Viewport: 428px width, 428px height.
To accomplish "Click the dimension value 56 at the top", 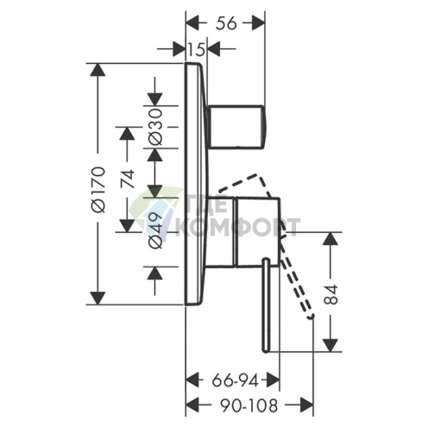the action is [x=226, y=23].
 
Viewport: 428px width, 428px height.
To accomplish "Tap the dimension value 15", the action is [x=197, y=49].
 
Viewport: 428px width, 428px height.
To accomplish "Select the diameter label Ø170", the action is [x=98, y=189].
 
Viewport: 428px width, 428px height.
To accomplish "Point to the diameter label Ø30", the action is [x=155, y=127].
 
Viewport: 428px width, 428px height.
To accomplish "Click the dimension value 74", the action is [x=128, y=179].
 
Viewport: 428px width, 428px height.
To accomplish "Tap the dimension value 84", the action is [x=330, y=294].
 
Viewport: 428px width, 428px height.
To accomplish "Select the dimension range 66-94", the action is [x=236, y=381].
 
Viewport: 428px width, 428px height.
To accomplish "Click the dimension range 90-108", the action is [x=249, y=406].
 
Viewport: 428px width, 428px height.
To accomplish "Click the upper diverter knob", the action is [x=236, y=127].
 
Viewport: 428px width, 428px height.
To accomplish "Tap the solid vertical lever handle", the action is [x=267, y=305].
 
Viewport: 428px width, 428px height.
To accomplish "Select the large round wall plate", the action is [x=196, y=183].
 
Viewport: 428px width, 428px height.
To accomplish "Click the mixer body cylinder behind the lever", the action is [x=242, y=232].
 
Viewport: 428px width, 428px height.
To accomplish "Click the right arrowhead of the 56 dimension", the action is [x=258, y=23].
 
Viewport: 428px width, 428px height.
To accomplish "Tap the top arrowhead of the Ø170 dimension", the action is [x=98, y=70].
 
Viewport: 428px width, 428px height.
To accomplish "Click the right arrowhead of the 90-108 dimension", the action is [x=306, y=406].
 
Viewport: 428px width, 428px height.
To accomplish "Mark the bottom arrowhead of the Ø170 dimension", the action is [x=98, y=298].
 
